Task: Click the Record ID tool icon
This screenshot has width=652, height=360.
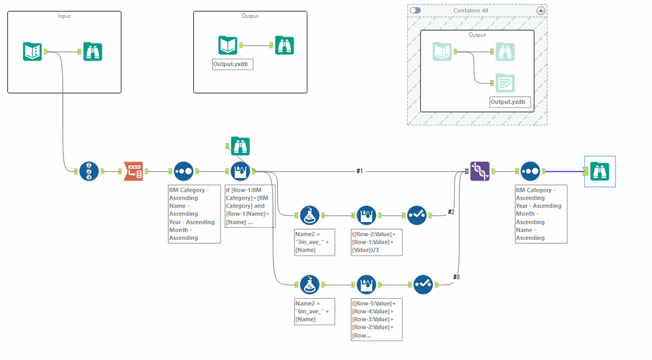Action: [x=89, y=172]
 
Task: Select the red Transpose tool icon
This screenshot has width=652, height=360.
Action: [x=133, y=172]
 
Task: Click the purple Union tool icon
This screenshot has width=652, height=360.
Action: [x=480, y=172]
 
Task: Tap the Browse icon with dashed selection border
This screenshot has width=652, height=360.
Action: [x=600, y=172]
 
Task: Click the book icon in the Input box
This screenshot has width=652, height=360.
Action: [x=32, y=51]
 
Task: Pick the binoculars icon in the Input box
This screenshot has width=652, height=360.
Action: [x=93, y=51]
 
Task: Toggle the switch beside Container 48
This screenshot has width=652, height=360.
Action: [x=415, y=10]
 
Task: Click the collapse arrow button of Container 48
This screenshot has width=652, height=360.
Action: [x=540, y=10]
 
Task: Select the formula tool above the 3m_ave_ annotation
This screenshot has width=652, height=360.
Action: [x=309, y=215]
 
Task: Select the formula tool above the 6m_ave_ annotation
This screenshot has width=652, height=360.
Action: [x=309, y=284]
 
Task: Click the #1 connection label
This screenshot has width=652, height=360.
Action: [x=360, y=171]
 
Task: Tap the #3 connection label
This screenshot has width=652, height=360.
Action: [x=456, y=277]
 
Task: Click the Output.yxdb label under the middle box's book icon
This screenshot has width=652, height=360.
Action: [x=233, y=64]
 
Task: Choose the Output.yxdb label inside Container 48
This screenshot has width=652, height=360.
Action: [x=510, y=102]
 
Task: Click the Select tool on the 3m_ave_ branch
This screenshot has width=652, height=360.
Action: [x=416, y=215]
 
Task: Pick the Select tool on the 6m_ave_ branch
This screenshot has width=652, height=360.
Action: [x=423, y=284]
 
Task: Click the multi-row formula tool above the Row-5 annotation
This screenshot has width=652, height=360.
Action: [x=366, y=284]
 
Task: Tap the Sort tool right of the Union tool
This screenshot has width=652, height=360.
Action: [x=530, y=172]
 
